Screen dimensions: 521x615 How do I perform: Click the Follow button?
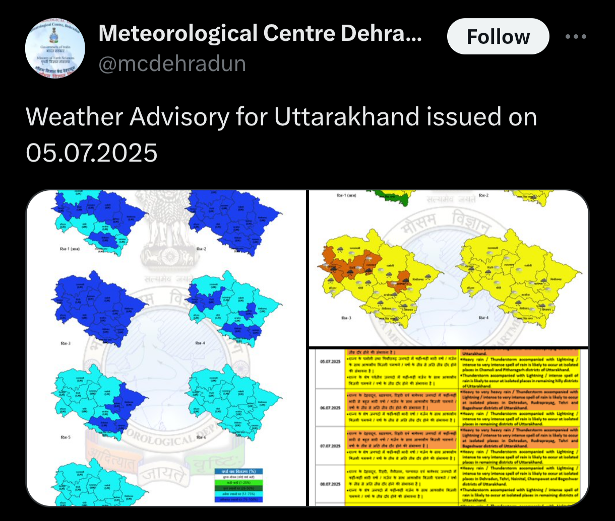(x=498, y=37)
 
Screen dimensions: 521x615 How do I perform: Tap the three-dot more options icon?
(x=576, y=37)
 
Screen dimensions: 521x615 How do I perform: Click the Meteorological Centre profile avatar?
(x=55, y=49)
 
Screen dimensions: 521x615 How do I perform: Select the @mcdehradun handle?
(x=172, y=64)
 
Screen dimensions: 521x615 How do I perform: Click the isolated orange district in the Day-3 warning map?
(x=402, y=280)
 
